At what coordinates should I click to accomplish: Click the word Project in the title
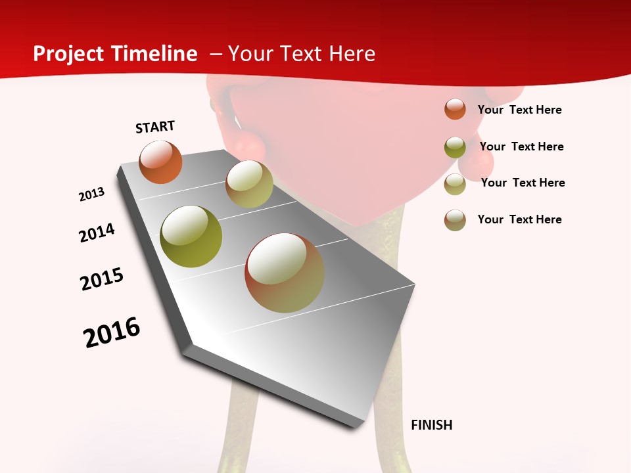pos(68,54)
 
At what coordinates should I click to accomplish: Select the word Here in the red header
pos(352,54)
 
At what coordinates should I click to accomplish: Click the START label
pos(155,127)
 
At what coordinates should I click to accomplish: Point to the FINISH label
pos(432,425)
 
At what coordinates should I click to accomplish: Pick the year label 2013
pos(91,194)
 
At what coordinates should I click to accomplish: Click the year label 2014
pos(97,233)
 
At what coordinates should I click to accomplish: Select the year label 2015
pos(102,279)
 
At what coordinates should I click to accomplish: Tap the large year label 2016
pos(112,332)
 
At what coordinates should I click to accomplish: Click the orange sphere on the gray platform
pos(160,162)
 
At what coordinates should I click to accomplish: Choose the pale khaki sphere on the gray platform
pos(249,184)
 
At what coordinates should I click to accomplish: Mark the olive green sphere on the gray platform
pos(191,236)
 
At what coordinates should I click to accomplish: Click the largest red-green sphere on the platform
pos(285,273)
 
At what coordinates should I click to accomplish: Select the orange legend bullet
pos(455,109)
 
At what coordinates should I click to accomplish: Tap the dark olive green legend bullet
pos(455,147)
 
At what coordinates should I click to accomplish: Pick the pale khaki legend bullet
pos(455,184)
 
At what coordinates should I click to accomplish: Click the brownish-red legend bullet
pos(455,220)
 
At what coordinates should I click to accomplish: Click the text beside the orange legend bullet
pos(519,110)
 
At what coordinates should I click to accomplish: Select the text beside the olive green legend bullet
pos(521,146)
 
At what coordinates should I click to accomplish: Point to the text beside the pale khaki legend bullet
pos(523,183)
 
